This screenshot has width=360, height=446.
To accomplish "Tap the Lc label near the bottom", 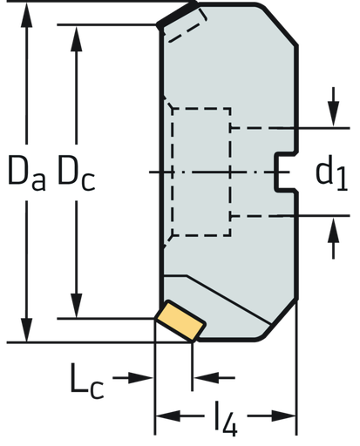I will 88,384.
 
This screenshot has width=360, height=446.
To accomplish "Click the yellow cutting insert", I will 181,319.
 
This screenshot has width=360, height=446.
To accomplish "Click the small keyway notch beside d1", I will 282,171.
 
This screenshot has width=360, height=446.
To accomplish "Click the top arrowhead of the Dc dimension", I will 79,35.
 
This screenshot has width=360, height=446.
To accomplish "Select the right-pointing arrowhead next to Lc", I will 145,378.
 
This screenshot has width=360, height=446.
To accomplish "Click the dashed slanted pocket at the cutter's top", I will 186,30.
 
